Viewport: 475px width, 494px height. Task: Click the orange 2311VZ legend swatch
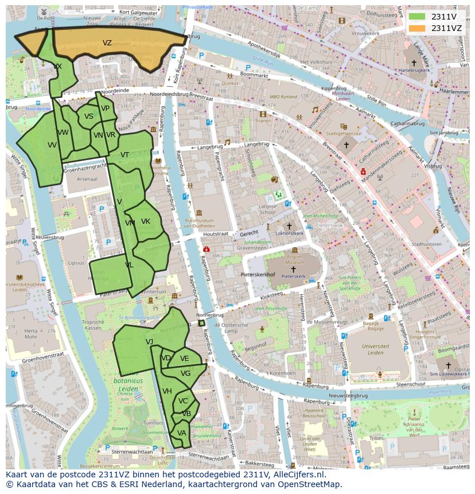pos(417,28)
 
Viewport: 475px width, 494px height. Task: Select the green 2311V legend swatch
pos(417,17)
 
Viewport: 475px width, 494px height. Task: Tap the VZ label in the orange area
pos(107,43)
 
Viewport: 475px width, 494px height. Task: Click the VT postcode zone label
pos(124,155)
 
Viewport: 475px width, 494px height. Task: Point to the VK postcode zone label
pos(145,221)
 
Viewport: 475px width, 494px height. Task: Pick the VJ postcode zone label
pos(149,342)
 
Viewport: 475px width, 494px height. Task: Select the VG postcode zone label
pos(185,374)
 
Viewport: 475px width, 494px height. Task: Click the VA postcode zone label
pos(181,433)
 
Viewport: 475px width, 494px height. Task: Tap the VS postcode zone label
pos(89,116)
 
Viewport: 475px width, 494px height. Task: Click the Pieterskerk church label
pos(293,276)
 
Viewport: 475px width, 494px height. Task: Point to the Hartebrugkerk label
pos(414,70)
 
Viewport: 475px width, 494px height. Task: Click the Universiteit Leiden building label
pos(376,349)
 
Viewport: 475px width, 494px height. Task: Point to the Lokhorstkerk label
pos(290,234)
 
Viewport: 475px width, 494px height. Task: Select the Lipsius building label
pos(76,263)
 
